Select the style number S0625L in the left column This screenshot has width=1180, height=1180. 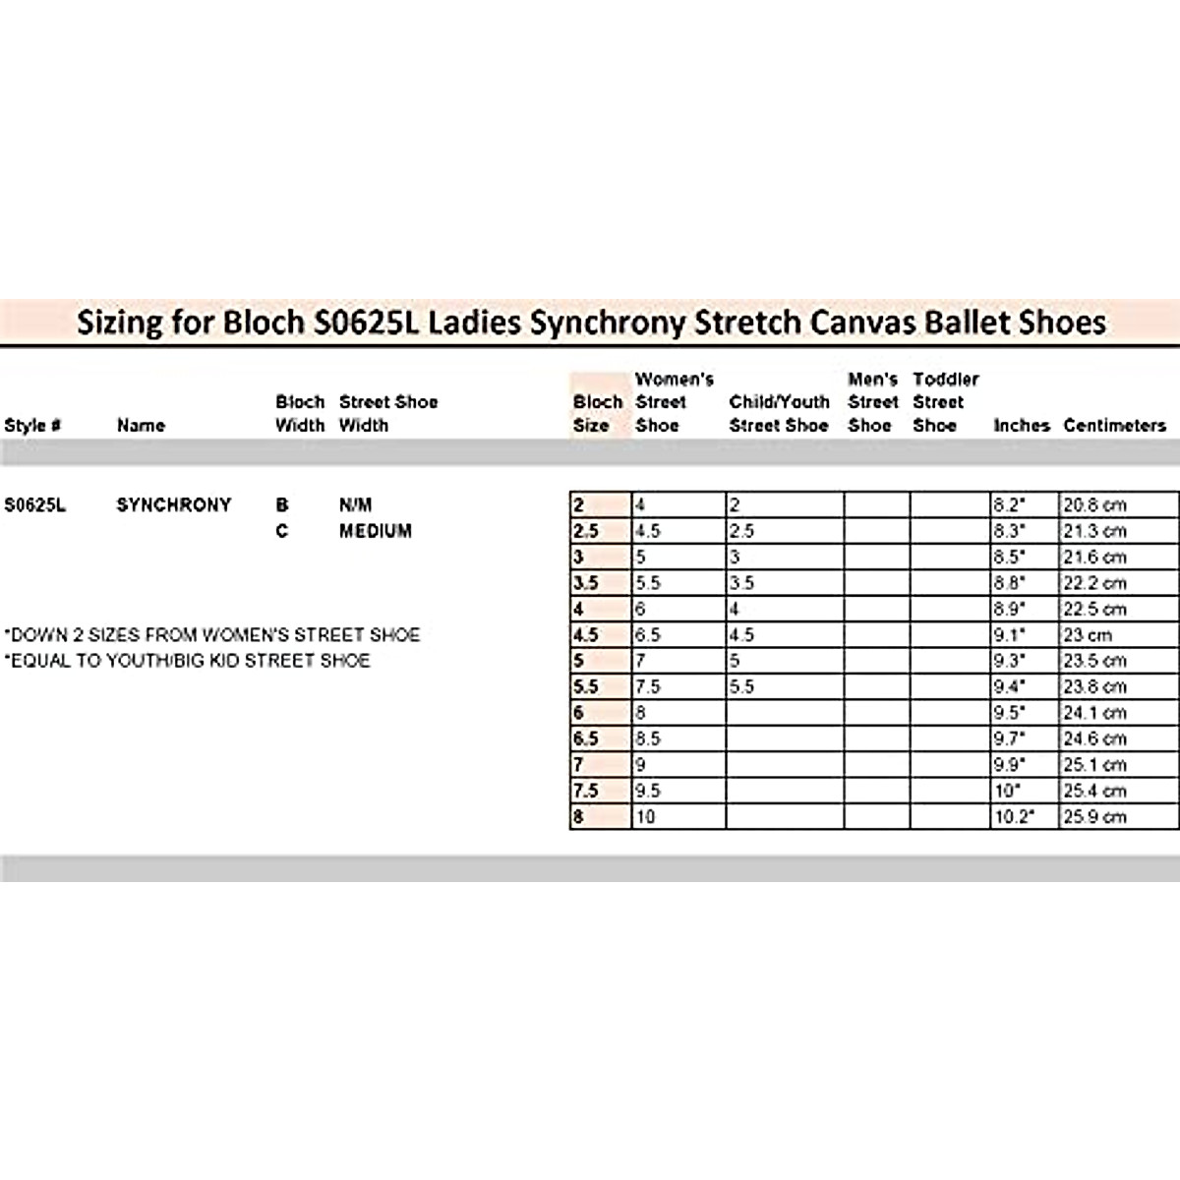tap(35, 505)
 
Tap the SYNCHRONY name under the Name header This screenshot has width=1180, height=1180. tap(174, 505)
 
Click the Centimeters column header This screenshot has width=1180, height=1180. tap(1115, 426)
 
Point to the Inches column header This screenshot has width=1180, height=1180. tap(1022, 426)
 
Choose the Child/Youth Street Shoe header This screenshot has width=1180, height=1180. tap(779, 414)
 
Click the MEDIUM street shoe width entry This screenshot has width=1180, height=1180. tap(376, 531)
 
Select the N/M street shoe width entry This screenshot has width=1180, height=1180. tap(356, 505)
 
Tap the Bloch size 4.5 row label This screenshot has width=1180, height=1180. tap(586, 635)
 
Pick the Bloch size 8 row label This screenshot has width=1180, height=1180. tap(579, 817)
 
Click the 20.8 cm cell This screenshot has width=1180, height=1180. tap(1094, 505)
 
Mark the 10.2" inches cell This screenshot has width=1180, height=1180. tap(1014, 817)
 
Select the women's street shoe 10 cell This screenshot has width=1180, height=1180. tap(645, 817)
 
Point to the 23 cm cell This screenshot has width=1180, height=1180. tap(1087, 635)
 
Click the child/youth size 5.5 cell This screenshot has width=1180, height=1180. tap(742, 687)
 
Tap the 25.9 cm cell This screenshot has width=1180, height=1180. tap(1094, 817)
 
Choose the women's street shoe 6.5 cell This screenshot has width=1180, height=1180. tap(648, 635)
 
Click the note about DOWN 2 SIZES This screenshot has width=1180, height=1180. tap(212, 635)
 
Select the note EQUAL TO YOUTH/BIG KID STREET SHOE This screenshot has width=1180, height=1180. tap(188, 661)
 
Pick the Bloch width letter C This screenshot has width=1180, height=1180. tap(282, 531)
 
